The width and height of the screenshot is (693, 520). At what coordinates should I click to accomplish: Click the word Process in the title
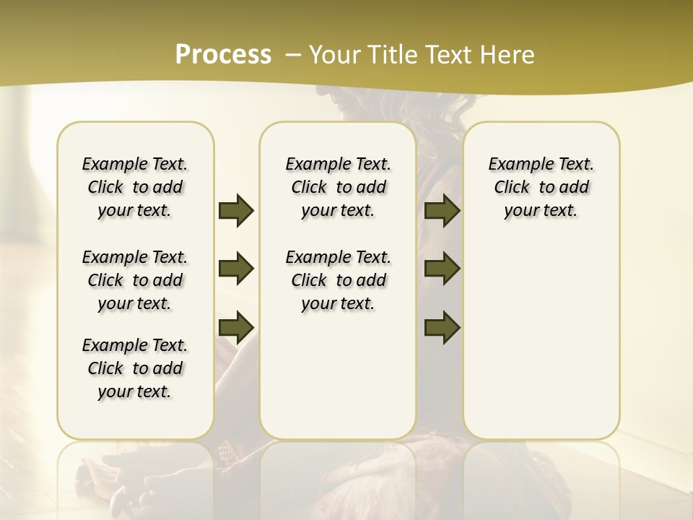tap(223, 55)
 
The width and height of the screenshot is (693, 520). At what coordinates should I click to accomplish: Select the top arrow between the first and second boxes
tap(236, 210)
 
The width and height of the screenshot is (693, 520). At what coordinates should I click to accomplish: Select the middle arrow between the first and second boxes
tap(236, 269)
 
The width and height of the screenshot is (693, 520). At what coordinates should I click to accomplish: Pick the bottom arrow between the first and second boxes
tap(236, 326)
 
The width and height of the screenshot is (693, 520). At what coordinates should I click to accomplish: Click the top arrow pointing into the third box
tap(442, 210)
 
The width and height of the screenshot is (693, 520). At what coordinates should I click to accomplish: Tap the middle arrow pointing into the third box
tap(442, 269)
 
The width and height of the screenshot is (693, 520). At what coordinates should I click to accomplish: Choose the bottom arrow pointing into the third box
tap(442, 326)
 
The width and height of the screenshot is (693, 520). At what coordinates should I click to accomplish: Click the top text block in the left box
tap(135, 187)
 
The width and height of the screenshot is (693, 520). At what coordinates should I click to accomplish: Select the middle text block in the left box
tap(135, 280)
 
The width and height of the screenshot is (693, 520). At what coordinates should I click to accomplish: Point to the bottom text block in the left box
tap(135, 368)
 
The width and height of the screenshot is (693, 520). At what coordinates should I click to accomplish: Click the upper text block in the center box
tap(338, 187)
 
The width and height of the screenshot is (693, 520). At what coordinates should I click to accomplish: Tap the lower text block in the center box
tap(338, 280)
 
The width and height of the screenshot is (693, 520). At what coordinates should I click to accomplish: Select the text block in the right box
tap(541, 187)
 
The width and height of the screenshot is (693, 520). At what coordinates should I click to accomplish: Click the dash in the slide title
tap(293, 55)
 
